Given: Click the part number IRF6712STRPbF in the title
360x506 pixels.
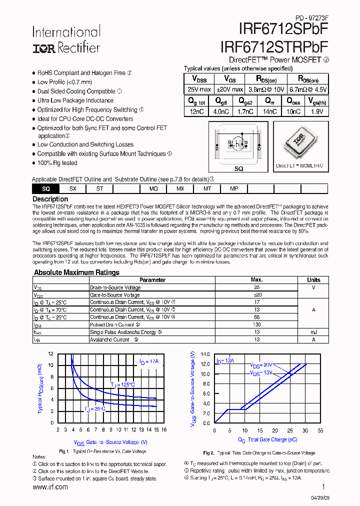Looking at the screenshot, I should pyautogui.click(x=273, y=46).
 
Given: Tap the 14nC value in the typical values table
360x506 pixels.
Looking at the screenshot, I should pyautogui.click(x=269, y=112).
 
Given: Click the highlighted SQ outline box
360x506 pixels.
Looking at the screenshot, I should pyautogui.click(x=45, y=188).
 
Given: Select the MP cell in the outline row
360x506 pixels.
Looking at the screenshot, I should pyautogui.click(x=234, y=188).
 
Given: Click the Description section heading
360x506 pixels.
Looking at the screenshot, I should pyautogui.click(x=50, y=199).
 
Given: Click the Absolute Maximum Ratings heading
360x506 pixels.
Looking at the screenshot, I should pyautogui.click(x=76, y=272).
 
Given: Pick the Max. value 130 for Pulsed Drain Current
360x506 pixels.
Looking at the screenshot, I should pyautogui.click(x=257, y=324).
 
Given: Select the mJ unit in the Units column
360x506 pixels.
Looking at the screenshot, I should pyautogui.click(x=313, y=332).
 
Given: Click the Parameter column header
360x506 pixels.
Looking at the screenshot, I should pyautogui.click(x=152, y=280).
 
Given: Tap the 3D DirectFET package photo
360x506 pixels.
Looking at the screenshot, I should pyautogui.click(x=300, y=142).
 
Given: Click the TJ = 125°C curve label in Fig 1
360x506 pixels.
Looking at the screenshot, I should pyautogui.click(x=122, y=384).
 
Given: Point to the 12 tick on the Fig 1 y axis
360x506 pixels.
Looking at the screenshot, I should pyautogui.click(x=50, y=354).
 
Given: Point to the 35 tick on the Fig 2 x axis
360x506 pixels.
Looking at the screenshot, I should pyautogui.click(x=320, y=430).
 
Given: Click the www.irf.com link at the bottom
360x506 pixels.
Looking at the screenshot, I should pyautogui.click(x=50, y=487).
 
